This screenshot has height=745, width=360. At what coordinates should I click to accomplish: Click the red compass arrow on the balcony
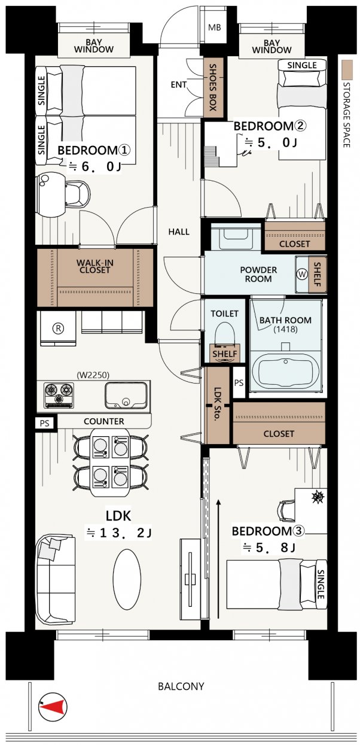click(52, 708)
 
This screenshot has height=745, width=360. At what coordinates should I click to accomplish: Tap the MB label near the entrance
click(213, 28)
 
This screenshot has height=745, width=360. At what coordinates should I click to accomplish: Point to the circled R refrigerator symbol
click(58, 328)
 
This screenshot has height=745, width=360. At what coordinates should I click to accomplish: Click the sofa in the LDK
click(55, 579)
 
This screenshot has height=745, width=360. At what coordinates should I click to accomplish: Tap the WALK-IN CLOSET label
click(94, 266)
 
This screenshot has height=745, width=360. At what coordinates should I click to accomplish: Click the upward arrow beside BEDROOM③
click(219, 557)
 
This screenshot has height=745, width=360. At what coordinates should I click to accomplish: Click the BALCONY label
click(181, 686)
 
